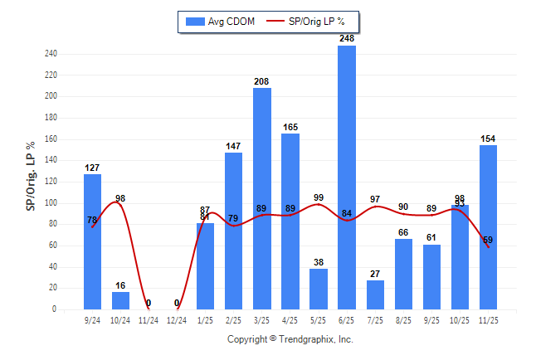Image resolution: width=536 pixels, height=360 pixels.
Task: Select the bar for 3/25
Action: [262, 198]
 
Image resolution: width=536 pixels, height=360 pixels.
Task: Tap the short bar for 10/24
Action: [121, 300]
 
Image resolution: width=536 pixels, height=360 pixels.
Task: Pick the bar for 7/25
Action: [375, 294]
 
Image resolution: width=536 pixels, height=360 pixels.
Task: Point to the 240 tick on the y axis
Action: [51, 54]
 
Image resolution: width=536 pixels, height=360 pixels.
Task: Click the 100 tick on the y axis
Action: [51, 203]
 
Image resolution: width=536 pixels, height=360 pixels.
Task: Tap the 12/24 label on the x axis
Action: [177, 319]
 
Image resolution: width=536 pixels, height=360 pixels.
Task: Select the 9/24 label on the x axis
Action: [92, 319]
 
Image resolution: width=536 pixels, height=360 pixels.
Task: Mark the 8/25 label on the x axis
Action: [403, 319]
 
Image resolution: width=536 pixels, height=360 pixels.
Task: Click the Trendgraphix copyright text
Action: [290, 339]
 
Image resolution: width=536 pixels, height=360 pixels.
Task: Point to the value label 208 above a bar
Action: [262, 81]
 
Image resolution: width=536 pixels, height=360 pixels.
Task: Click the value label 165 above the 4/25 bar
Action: [290, 128]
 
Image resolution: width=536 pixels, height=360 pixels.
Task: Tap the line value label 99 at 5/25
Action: [319, 197]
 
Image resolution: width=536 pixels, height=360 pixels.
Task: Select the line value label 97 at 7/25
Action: [375, 199]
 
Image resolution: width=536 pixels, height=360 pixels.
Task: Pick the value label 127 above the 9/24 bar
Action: [92, 168]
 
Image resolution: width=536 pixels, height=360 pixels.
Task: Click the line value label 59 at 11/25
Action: [488, 240]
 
